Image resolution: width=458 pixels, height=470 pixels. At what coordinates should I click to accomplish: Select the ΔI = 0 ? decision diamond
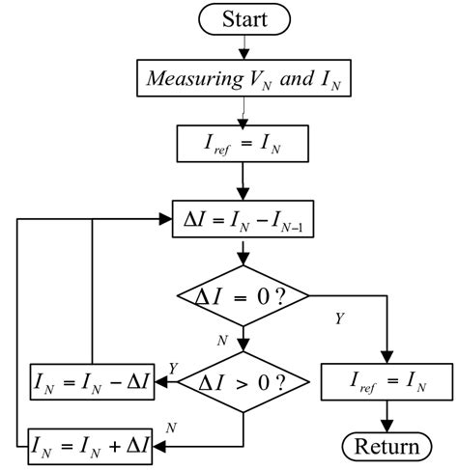242,293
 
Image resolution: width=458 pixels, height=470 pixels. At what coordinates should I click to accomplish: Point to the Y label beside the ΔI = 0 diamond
338,317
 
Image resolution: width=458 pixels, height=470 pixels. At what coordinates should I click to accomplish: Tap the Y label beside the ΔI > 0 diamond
172,367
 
